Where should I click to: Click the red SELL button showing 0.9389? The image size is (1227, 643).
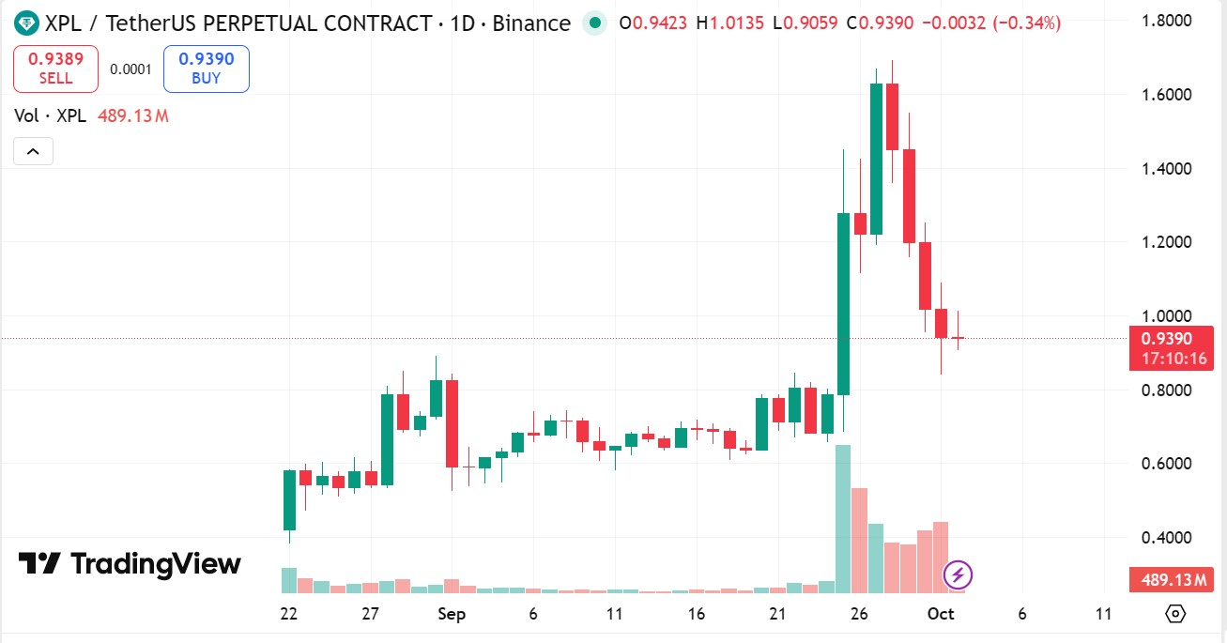pyautogui.click(x=55, y=69)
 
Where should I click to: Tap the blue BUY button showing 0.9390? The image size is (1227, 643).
pyautogui.click(x=206, y=69)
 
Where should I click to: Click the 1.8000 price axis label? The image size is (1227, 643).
pyautogui.click(x=1166, y=21)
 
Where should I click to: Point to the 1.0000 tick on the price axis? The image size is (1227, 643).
pyautogui.click(x=1166, y=316)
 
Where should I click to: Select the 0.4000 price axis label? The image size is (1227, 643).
pyautogui.click(x=1166, y=538)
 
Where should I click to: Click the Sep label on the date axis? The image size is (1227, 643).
pyautogui.click(x=452, y=614)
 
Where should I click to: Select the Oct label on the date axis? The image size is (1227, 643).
pyautogui.click(x=941, y=614)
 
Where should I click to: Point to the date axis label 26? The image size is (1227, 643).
pyautogui.click(x=859, y=614)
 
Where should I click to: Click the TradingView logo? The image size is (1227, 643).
pyautogui.click(x=130, y=563)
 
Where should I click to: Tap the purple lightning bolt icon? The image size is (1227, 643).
pyautogui.click(x=957, y=574)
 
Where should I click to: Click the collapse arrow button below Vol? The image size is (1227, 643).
pyautogui.click(x=33, y=151)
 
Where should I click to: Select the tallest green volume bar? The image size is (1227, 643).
pyautogui.click(x=843, y=519)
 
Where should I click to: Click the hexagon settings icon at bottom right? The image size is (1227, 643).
pyautogui.click(x=1174, y=614)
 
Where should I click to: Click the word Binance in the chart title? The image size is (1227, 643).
pyautogui.click(x=531, y=23)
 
